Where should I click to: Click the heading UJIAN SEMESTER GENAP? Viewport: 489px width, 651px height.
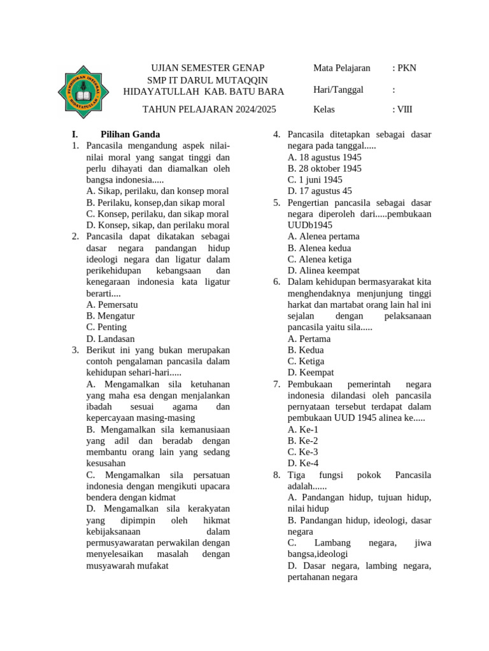click(207, 68)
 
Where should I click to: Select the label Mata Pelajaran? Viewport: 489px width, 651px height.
click(342, 68)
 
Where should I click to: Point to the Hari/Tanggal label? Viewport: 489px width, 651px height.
click(338, 90)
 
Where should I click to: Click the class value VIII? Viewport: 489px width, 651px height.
click(404, 109)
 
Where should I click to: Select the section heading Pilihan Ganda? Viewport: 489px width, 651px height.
click(130, 134)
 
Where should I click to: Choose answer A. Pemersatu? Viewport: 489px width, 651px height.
click(112, 305)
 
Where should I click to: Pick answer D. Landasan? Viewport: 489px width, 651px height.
click(110, 339)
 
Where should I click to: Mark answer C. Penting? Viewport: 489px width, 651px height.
click(106, 327)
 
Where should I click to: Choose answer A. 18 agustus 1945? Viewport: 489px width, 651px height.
click(324, 157)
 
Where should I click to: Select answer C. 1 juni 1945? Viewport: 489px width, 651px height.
click(315, 180)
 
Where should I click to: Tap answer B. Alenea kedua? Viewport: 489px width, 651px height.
click(319, 248)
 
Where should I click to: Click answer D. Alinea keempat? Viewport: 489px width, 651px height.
click(323, 271)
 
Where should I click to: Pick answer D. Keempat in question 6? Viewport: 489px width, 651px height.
click(311, 373)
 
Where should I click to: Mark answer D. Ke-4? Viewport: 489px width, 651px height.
click(303, 463)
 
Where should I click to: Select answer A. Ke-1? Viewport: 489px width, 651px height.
click(303, 429)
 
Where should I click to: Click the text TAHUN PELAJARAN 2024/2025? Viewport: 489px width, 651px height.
click(209, 109)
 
